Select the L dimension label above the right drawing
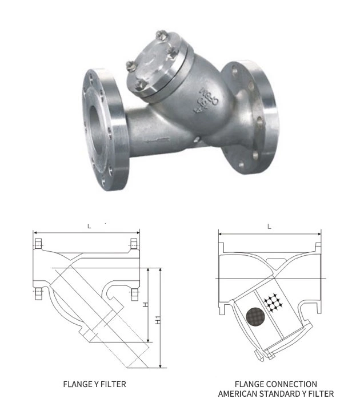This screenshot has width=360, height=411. [269, 226]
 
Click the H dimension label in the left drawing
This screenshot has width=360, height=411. [146, 305]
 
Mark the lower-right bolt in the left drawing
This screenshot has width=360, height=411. [135, 294]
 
